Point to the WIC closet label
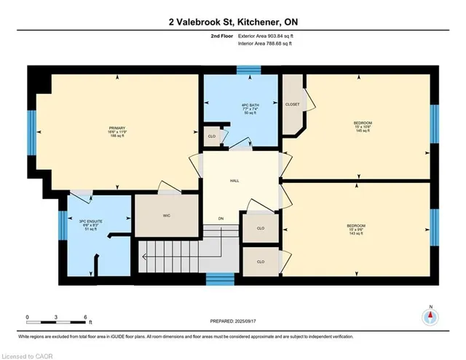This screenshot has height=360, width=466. coord(166,216)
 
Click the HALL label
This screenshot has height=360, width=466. coord(234,180)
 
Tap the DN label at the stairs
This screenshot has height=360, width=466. coord(220,219)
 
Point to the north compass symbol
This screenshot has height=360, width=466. coord(430,316)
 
